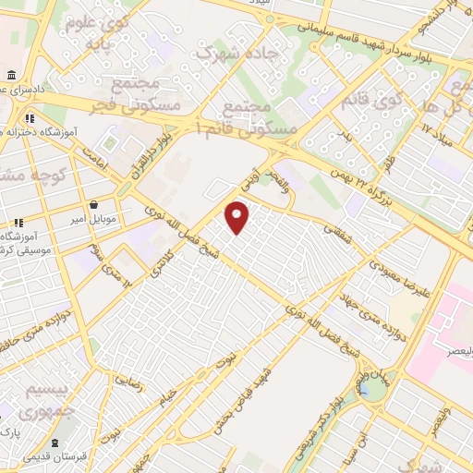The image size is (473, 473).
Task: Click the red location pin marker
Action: [x=238, y=217]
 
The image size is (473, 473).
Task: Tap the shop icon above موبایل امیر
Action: [x=93, y=204]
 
